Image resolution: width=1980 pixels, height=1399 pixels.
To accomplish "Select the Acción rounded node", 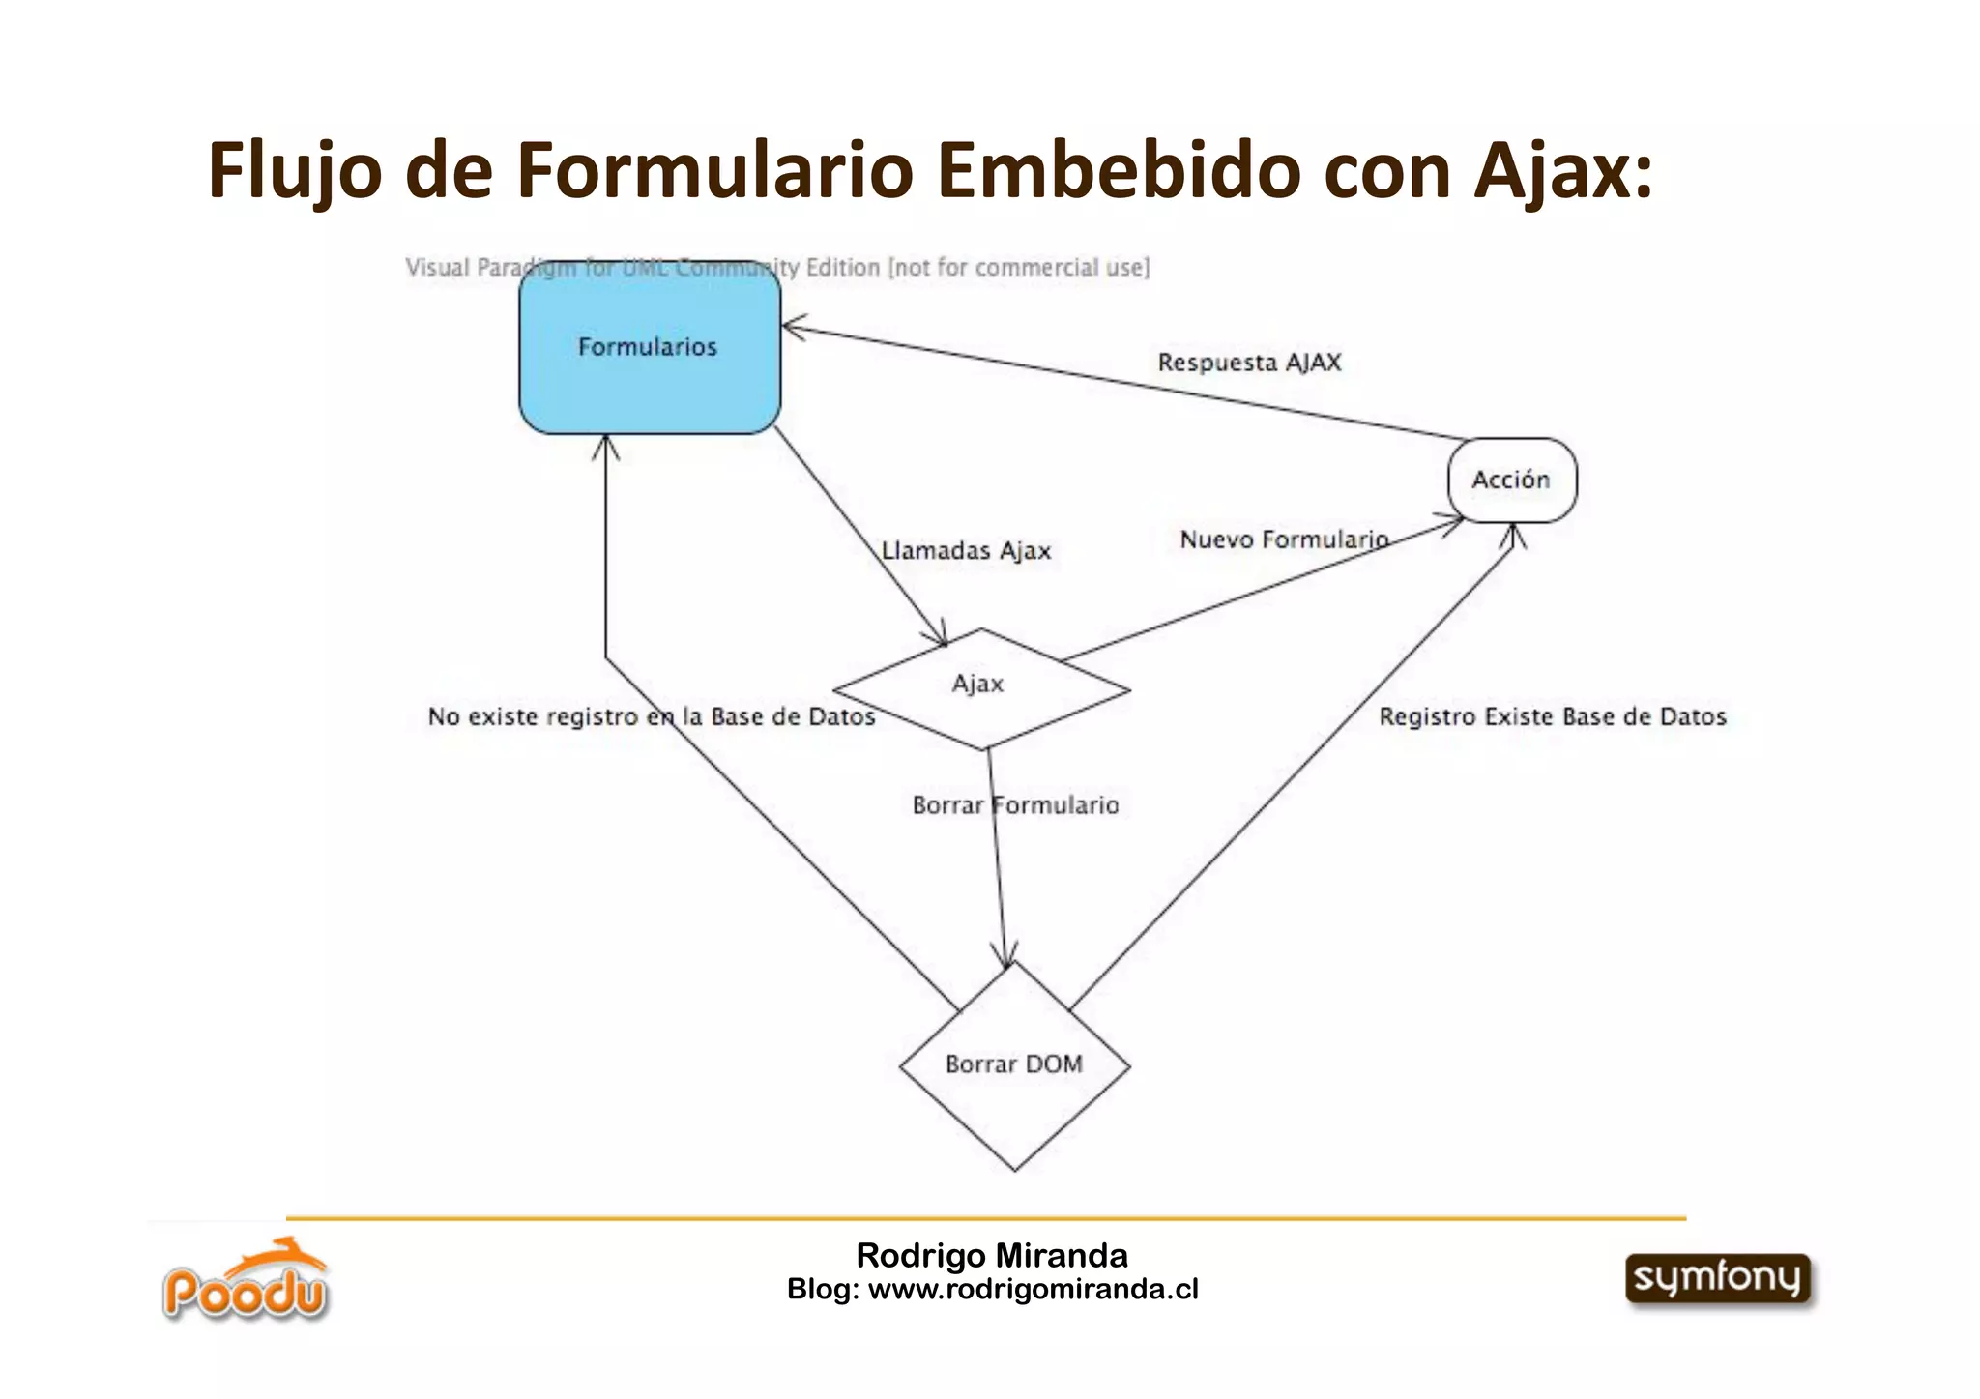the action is pos(1511,480).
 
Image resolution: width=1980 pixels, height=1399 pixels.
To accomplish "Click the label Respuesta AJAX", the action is pos(1249,363).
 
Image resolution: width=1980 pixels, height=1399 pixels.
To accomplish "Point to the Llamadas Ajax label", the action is pos(966,551).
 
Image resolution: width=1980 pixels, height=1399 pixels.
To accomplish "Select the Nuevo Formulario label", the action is pos(1284,539).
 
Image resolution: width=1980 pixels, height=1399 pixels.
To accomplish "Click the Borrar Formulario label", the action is pos(1015,805).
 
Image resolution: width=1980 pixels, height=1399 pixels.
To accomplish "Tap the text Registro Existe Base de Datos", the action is pos(1552,716).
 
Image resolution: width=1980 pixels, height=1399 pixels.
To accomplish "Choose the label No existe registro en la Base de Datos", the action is pos(651,716).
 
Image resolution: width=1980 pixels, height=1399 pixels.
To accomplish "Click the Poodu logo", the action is pos(246,1282).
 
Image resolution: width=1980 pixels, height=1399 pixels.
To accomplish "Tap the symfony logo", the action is pos(1718,1278).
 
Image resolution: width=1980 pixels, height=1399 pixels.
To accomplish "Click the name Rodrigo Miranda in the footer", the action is pos(992,1255).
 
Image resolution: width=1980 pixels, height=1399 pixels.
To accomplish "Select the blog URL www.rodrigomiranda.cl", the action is pos(1033,1289).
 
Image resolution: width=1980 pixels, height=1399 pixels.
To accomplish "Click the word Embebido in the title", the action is pos(1120,171).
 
